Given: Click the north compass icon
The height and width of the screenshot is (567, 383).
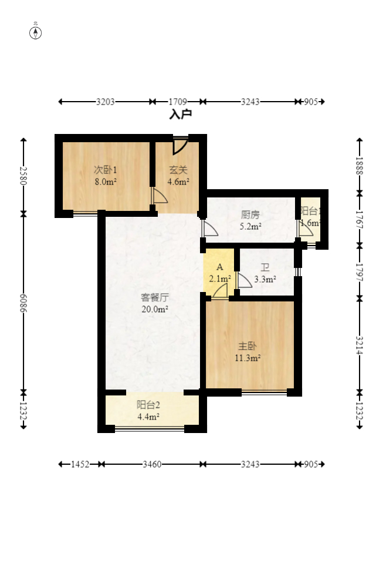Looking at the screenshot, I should pyautogui.click(x=36, y=32).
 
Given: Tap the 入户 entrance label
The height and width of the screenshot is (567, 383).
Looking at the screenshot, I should pyautogui.click(x=181, y=114).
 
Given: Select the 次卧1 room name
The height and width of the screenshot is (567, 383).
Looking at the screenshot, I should pyautogui.click(x=106, y=170).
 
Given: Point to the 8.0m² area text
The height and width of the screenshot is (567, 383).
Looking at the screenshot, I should pyautogui.click(x=106, y=182).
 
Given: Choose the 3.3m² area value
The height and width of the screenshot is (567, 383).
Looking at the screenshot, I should pyautogui.click(x=265, y=280).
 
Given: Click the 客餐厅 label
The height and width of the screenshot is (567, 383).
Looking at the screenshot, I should pyautogui.click(x=155, y=297).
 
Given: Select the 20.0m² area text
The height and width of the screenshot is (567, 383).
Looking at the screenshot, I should pyautogui.click(x=155, y=309).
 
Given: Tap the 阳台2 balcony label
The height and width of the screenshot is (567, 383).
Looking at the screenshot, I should pyautogui.click(x=148, y=405).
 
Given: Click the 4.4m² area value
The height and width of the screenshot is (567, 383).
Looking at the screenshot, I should pyautogui.click(x=148, y=417).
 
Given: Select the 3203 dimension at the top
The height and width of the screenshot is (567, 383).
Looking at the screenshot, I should pyautogui.click(x=106, y=102).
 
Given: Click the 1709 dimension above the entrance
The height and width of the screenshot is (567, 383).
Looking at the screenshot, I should pyautogui.click(x=178, y=102).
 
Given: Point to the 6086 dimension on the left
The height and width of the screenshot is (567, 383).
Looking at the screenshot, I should pyautogui.click(x=23, y=303).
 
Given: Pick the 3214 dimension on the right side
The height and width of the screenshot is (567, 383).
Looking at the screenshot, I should pyautogui.click(x=360, y=344).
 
